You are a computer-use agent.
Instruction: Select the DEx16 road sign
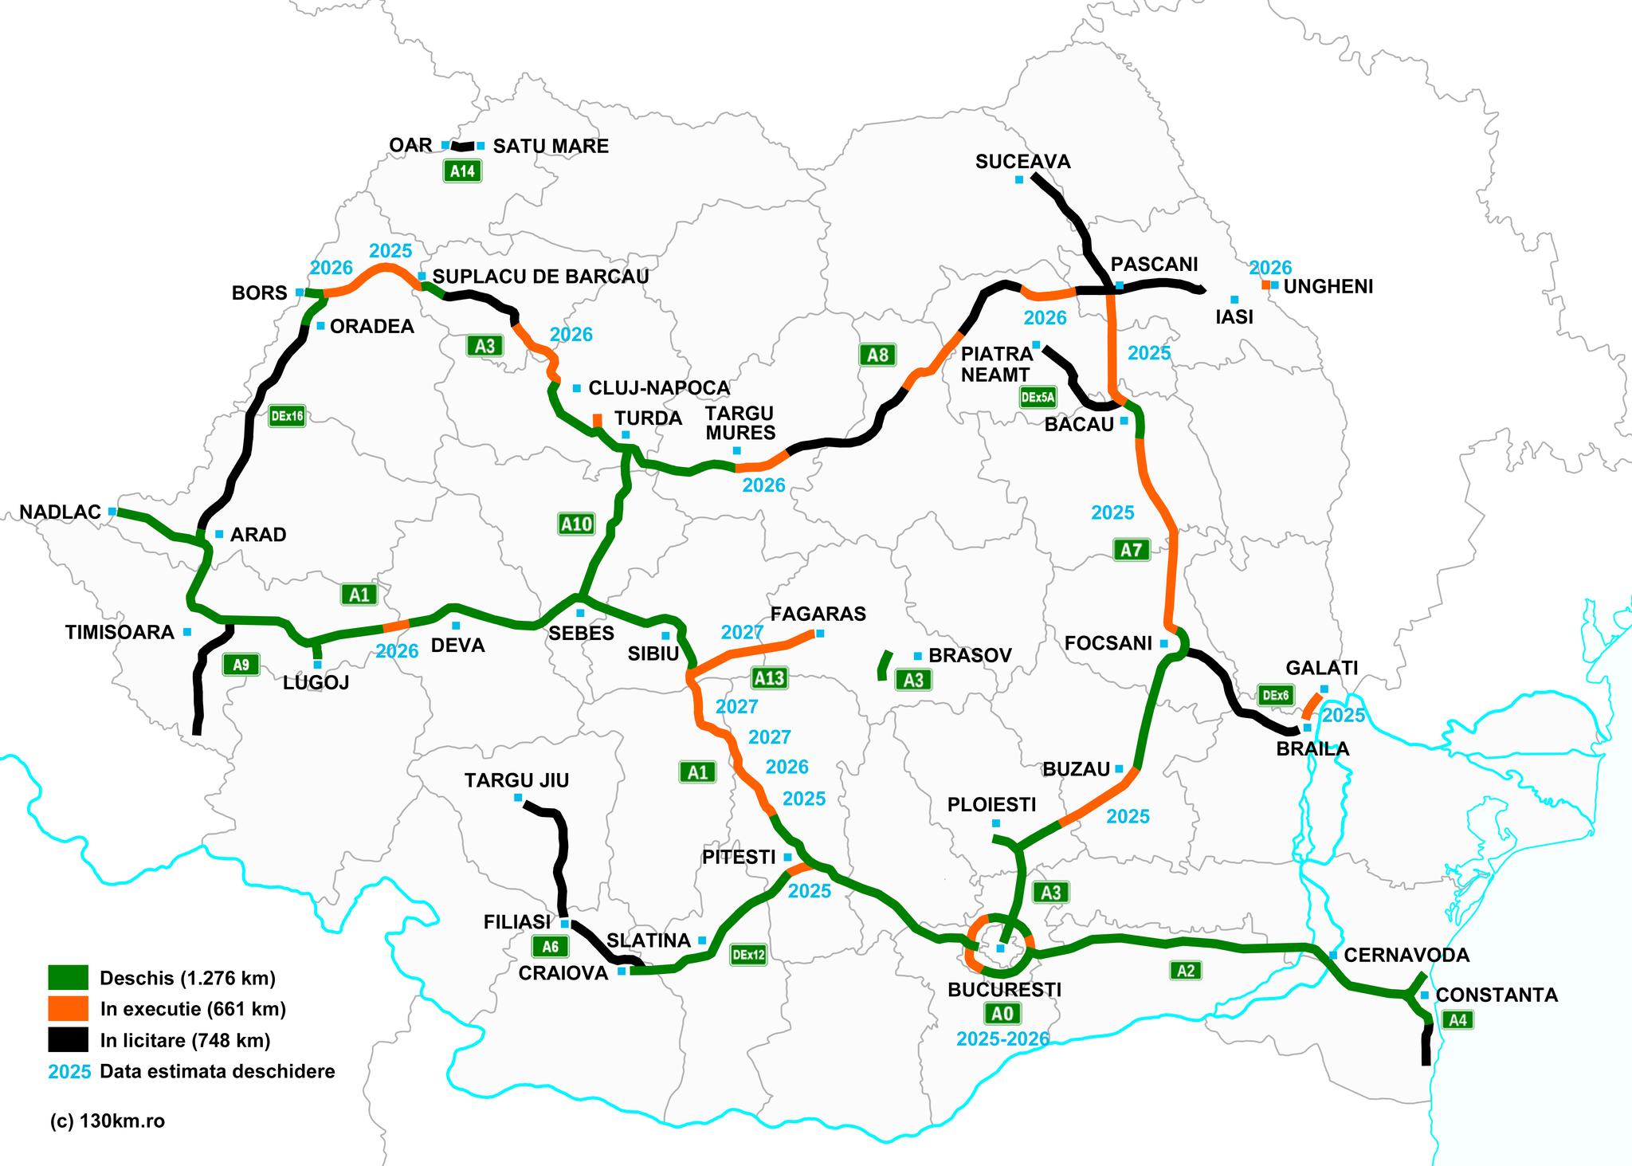click(287, 415)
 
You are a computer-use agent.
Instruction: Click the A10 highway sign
click(576, 524)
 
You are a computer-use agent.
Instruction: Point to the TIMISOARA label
click(120, 633)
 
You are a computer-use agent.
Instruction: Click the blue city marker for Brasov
click(919, 655)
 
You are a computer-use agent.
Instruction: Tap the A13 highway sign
click(769, 678)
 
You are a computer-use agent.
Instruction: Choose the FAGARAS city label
click(818, 614)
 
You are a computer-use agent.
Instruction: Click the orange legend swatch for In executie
click(68, 1009)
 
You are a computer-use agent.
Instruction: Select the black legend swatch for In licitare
click(68, 1040)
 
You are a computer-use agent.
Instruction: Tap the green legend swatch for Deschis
click(68, 978)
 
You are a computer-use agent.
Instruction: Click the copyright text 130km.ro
click(107, 1121)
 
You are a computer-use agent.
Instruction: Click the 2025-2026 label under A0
click(1002, 1038)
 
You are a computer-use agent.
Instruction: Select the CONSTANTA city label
click(1497, 995)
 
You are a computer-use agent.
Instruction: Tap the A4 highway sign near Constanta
click(1457, 1020)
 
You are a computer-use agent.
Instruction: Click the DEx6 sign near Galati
click(1275, 695)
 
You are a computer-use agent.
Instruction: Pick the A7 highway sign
click(1131, 549)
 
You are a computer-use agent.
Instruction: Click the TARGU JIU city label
click(516, 780)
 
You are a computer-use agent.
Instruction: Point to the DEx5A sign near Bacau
click(1038, 397)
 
